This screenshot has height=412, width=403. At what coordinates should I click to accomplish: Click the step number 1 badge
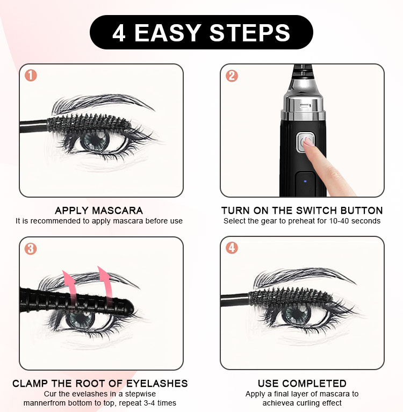pyautogui.click(x=31, y=75)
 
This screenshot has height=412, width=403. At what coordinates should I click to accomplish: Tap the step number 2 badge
pyautogui.click(x=232, y=76)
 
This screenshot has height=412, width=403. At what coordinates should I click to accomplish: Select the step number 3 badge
pyautogui.click(x=31, y=249)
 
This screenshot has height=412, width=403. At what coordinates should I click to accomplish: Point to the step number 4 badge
pyautogui.click(x=232, y=248)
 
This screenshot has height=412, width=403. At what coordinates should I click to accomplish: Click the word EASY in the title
pyautogui.click(x=168, y=33)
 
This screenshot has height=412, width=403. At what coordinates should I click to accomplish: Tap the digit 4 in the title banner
pyautogui.click(x=119, y=33)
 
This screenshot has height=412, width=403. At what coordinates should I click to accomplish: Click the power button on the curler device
pyautogui.click(x=305, y=143)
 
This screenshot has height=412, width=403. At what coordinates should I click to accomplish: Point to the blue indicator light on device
pyautogui.click(x=305, y=181)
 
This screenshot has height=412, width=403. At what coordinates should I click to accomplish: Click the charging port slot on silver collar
pyautogui.click(x=305, y=106)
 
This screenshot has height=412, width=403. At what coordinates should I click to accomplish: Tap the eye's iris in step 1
pyautogui.click(x=95, y=140)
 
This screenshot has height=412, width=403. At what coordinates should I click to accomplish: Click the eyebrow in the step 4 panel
pyautogui.click(x=304, y=278)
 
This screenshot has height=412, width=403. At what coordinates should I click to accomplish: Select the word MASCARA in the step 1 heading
pyautogui.click(x=117, y=211)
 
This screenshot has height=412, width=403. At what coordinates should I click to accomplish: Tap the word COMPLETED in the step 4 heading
pyautogui.click(x=316, y=384)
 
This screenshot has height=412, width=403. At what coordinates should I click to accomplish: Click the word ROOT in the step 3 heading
pyautogui.click(x=90, y=384)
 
